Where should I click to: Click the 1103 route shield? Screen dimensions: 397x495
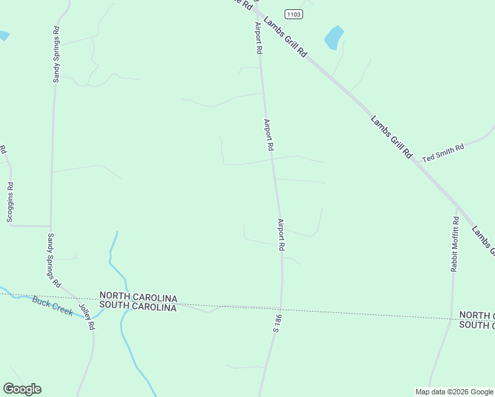tap(294, 14)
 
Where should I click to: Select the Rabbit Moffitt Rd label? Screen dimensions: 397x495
tap(455, 244)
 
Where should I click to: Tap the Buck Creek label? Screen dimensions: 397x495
tap(53, 307)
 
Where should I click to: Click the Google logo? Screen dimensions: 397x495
tap(22, 389)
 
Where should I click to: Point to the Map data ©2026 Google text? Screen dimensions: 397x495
tap(454, 392)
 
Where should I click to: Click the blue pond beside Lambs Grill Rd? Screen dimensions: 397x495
tap(334, 37)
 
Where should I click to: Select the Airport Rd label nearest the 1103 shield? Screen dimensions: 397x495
tap(259, 38)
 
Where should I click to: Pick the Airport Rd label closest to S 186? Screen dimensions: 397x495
tap(281, 234)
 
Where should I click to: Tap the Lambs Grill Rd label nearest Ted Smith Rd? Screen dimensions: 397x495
tap(392, 136)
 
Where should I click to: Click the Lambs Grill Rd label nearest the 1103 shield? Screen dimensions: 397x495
tap(285, 37)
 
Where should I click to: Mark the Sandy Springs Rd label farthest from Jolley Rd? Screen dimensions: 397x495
tap(56, 54)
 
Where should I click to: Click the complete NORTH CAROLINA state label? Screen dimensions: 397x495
tap(138, 296)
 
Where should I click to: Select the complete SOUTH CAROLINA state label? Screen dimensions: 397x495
tap(138, 307)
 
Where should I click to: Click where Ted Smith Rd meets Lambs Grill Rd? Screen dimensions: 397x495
tap(416, 161)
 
